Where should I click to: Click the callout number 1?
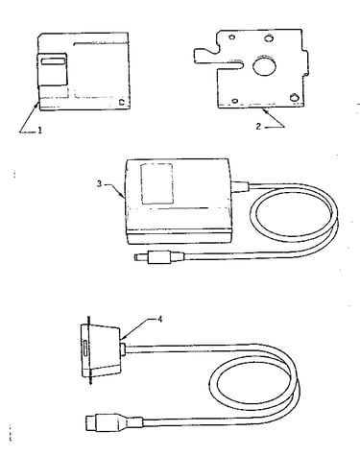point(39,131)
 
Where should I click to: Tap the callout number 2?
point(258,127)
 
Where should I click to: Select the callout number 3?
point(100,184)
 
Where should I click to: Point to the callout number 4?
point(159,320)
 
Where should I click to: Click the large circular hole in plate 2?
point(264,65)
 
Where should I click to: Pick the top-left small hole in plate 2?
point(232,37)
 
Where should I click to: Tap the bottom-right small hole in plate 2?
point(294,97)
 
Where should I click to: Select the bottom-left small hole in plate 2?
point(235,101)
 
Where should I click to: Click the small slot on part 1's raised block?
point(52,61)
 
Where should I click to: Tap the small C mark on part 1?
point(121,102)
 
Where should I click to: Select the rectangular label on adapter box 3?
point(156,183)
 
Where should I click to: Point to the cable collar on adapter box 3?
point(239,187)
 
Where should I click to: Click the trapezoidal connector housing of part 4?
point(102,349)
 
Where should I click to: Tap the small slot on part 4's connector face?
point(84,348)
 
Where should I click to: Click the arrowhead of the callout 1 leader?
point(38,103)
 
